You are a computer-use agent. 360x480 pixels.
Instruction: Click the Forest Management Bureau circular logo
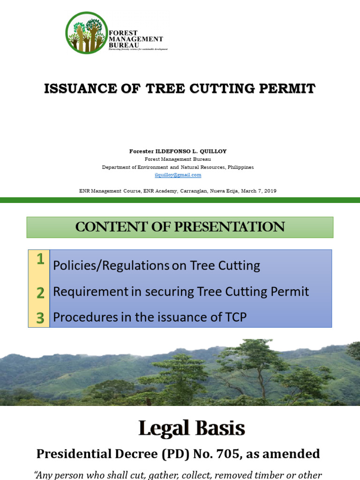click(x=86, y=32)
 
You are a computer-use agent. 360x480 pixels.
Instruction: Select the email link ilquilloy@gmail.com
click(x=178, y=175)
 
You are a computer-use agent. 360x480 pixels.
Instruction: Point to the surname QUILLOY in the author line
click(x=213, y=151)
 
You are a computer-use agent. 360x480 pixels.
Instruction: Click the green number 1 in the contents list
click(x=40, y=259)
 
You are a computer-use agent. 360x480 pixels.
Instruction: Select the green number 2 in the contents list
click(x=40, y=292)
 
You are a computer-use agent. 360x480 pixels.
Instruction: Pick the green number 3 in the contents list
click(x=40, y=318)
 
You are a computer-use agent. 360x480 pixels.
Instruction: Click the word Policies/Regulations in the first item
click(x=111, y=266)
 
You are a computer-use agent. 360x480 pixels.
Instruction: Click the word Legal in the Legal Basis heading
click(x=163, y=428)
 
